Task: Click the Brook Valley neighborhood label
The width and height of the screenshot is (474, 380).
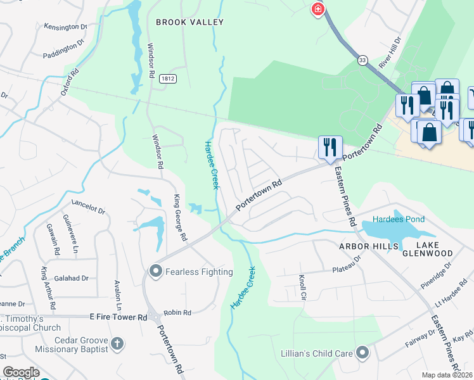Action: pos(190,22)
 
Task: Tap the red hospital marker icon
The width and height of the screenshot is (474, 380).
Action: pos(318,9)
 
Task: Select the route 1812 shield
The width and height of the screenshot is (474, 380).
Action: pos(167,79)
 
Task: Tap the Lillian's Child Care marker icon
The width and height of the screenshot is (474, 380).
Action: pos(362,351)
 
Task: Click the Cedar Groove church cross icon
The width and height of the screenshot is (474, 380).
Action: pos(116,344)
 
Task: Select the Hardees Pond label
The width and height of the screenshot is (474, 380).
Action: pos(399,219)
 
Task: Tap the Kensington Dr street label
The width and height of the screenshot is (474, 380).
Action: pos(65,27)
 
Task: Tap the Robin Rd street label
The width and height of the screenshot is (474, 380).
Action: pos(177,313)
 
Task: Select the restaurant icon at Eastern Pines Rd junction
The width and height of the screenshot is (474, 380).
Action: pos(330,148)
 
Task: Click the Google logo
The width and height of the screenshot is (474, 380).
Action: pos(21,372)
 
